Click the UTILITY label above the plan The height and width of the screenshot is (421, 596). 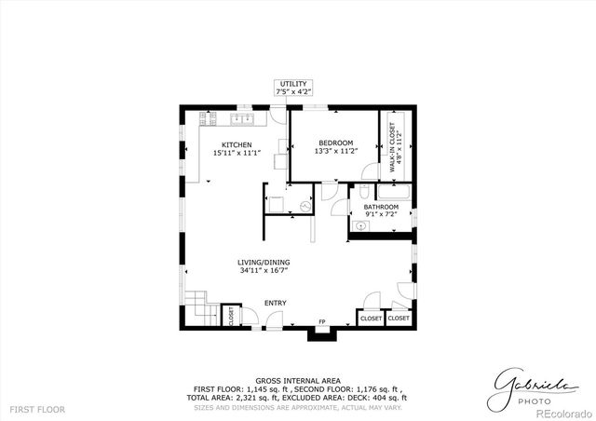point(291,84)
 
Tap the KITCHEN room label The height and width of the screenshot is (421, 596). point(237,144)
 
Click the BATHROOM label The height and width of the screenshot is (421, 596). point(381,207)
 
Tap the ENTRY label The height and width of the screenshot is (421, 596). point(275,303)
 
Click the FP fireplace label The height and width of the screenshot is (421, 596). point(322,322)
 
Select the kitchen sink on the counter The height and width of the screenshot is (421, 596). point(241,118)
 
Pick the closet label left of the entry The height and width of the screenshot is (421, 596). point(226,317)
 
